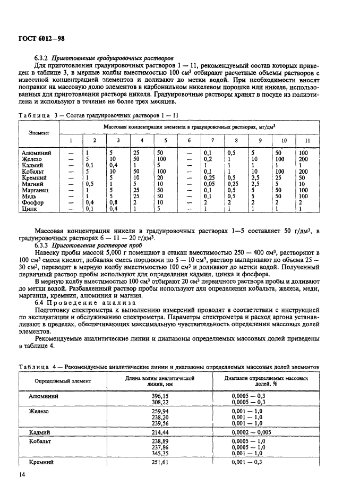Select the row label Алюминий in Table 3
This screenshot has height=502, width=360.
click(x=37, y=152)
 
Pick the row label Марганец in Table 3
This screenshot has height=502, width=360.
click(x=36, y=190)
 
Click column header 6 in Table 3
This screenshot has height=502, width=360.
click(x=188, y=140)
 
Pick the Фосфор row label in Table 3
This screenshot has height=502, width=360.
click(x=32, y=202)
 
